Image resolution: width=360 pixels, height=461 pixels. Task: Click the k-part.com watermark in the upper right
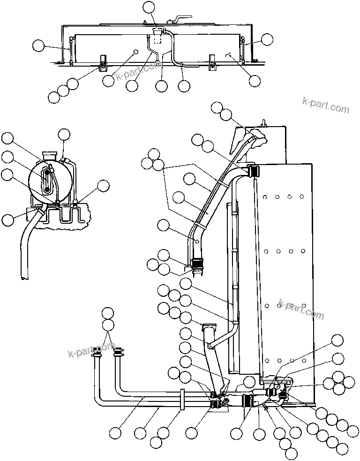tap(326, 106)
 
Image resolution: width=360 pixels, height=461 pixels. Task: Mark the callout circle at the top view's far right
tap(267, 39)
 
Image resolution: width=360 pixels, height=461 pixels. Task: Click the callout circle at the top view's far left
tap(38, 45)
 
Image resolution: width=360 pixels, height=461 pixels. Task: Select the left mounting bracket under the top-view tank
tap(102, 62)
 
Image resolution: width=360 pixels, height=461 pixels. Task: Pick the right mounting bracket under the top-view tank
tap(212, 62)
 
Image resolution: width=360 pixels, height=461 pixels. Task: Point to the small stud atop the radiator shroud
tap(263, 123)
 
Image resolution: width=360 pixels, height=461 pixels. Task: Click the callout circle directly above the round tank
tap(64, 135)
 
